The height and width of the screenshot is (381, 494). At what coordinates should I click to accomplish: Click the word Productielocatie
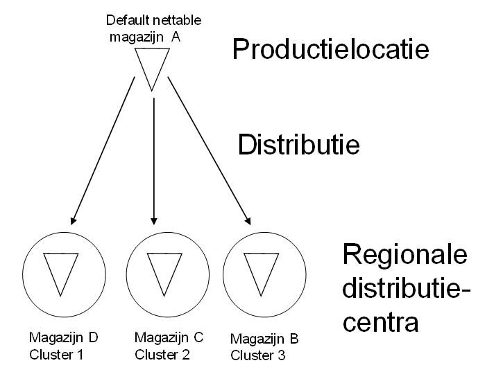pos(330,49)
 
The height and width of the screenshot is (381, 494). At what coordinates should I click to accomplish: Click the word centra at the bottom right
pos(381,322)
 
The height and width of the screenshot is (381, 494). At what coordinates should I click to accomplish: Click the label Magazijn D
pos(63,338)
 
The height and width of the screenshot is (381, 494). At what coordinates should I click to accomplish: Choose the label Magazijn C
pos(169,338)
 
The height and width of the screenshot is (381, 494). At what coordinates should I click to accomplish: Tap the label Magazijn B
pos(264,339)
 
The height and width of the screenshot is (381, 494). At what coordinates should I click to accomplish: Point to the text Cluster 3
pos(256,356)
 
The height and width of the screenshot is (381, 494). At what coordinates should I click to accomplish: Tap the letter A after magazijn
pos(176,36)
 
